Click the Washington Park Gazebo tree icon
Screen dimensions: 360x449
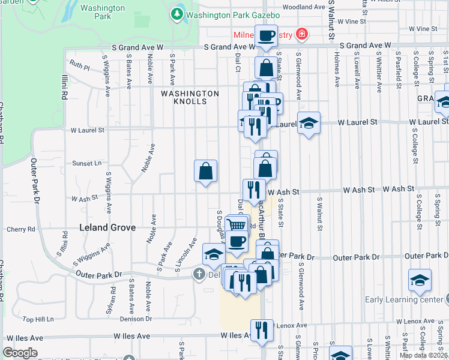177,13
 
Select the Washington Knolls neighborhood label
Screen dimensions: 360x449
190,97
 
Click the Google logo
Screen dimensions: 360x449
20,353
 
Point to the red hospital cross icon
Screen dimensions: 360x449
301,34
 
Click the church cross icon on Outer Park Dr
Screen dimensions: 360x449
199,274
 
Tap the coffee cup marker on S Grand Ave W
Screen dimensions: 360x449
266,36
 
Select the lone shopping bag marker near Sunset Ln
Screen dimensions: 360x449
205,171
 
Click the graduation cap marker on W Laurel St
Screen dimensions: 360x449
309,123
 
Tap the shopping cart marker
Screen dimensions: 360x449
238,225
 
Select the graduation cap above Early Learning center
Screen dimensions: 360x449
420,280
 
